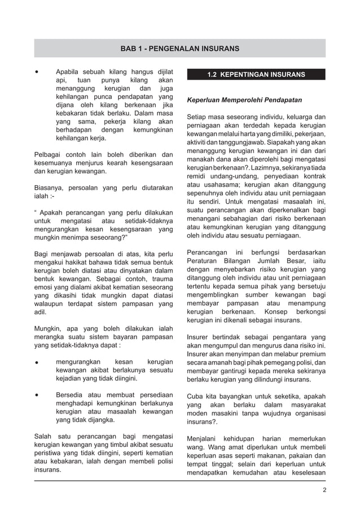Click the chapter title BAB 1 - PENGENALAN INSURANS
(179, 49)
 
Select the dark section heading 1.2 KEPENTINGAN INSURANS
(256, 74)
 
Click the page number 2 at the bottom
(324, 489)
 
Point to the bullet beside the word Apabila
(37, 73)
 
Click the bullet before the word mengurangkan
(37, 361)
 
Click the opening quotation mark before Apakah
(36, 214)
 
